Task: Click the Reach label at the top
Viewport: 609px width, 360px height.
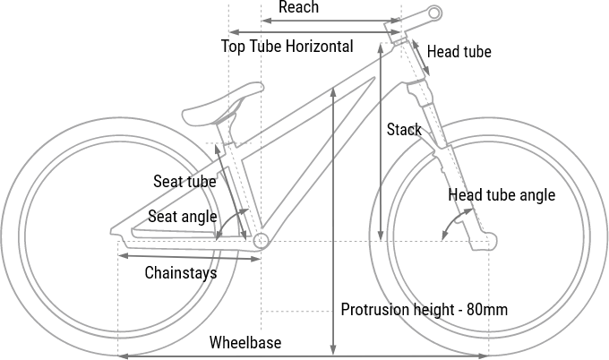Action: pyautogui.click(x=298, y=8)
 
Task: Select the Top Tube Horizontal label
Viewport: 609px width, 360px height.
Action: pyautogui.click(x=287, y=47)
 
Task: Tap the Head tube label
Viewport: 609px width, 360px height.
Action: pyautogui.click(x=459, y=52)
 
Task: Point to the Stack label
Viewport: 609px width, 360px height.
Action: pyautogui.click(x=404, y=130)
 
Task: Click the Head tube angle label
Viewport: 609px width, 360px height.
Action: pyautogui.click(x=502, y=195)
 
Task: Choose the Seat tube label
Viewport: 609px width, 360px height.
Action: pyautogui.click(x=184, y=181)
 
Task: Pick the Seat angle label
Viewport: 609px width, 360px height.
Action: pyautogui.click(x=183, y=217)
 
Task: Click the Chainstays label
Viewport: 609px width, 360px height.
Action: pyautogui.click(x=181, y=273)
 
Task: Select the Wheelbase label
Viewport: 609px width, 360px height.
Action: pyautogui.click(x=245, y=343)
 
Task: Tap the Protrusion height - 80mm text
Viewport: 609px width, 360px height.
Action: pyautogui.click(x=425, y=310)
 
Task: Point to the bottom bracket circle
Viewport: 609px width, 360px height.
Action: pyautogui.click(x=262, y=241)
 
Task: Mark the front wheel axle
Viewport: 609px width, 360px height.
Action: pyautogui.click(x=489, y=240)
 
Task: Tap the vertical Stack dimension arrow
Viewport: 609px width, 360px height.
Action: pyautogui.click(x=382, y=143)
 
